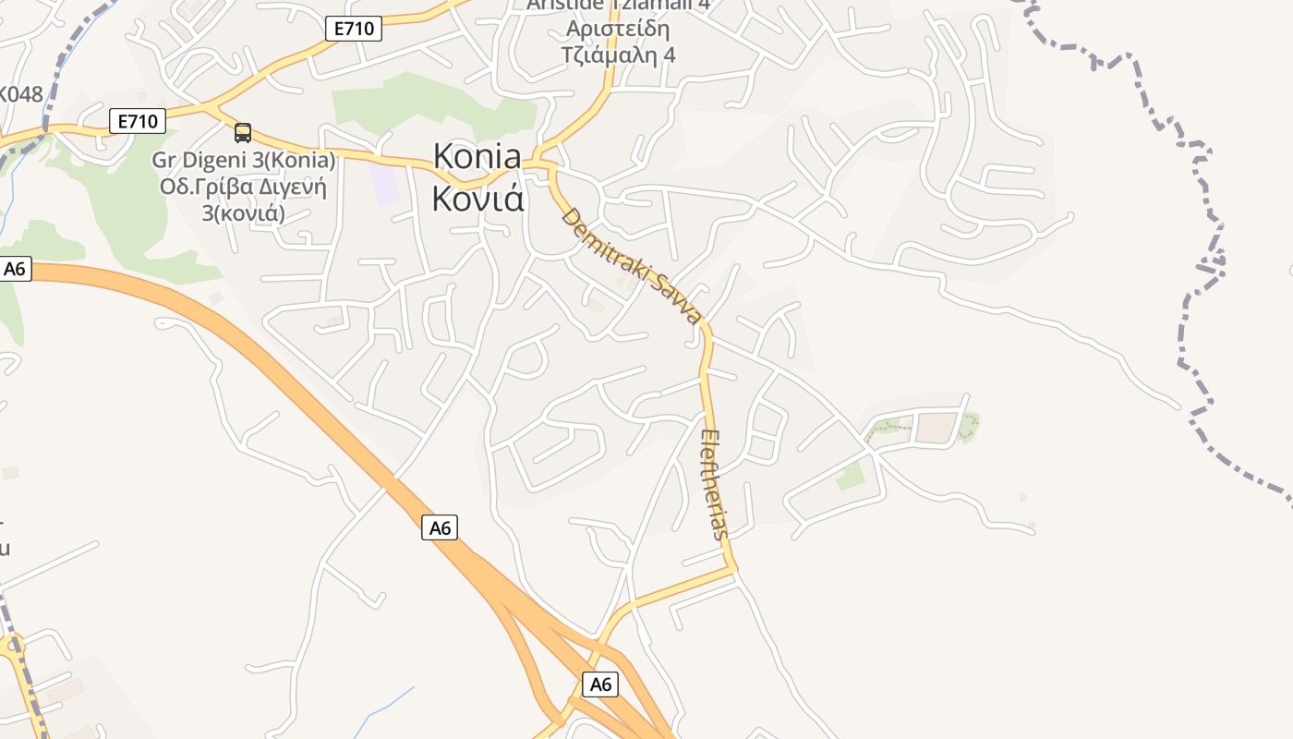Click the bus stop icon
pyautogui.click(x=243, y=133)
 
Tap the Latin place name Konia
pyautogui.click(x=477, y=158)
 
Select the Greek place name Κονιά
pyautogui.click(x=477, y=199)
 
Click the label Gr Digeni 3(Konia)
pyautogui.click(x=243, y=160)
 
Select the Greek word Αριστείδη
pyautogui.click(x=618, y=29)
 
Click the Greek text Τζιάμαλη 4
pyautogui.click(x=618, y=55)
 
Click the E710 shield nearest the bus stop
pyautogui.click(x=138, y=120)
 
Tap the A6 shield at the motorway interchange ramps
pyautogui.click(x=600, y=684)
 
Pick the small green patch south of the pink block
pyautogui.click(x=851, y=477)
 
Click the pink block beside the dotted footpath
pyautogui.click(x=937, y=427)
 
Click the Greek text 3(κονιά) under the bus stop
pyautogui.click(x=244, y=212)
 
